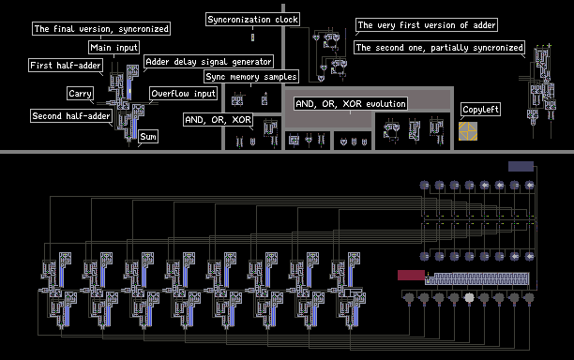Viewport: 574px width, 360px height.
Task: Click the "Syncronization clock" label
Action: coord(252,20)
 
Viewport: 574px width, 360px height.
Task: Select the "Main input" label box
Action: coord(113,48)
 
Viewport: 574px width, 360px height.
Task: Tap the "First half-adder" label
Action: coord(66,66)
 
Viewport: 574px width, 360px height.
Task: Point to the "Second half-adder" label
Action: coord(71,116)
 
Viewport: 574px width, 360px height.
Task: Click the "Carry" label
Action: coord(80,94)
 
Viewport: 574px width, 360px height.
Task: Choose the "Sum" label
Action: coord(148,137)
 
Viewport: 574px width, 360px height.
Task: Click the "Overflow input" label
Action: coord(184,94)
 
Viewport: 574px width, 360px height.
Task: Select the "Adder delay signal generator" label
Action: coord(208,62)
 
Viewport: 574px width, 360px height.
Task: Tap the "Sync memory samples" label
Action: coord(251,77)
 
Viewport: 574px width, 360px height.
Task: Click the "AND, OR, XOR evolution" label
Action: coord(351,104)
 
